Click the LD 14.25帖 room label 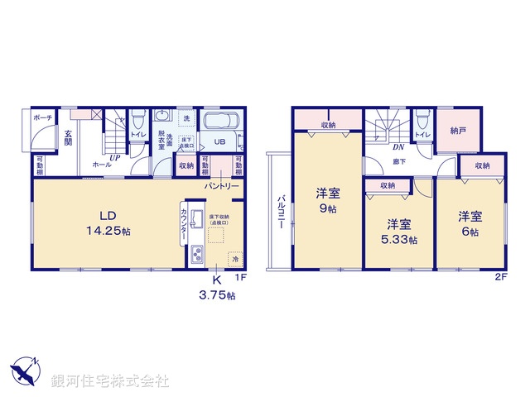107,224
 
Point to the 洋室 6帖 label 471,222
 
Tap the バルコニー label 281,211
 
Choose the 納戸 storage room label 457,131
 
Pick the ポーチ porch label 43,119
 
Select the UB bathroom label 220,141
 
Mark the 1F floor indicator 239,278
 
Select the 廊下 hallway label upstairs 399,161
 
